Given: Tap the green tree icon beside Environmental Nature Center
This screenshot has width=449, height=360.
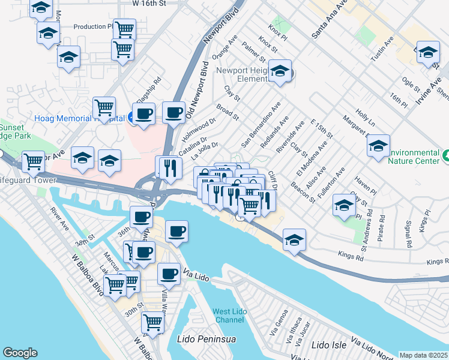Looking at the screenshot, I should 445,156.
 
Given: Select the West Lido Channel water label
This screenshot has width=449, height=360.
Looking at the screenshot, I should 229,315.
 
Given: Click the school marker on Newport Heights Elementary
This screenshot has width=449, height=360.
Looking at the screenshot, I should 280,71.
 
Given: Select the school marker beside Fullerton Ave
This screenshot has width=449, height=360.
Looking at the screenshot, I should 344,205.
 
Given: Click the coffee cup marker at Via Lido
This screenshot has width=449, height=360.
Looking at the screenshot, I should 169,274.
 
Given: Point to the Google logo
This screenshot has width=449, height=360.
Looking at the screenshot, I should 20,353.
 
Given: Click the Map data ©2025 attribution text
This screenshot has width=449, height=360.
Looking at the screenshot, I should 424,355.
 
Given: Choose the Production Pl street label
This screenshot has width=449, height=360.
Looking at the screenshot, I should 93,26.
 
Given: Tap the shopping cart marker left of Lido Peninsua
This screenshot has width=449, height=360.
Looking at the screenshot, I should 153,323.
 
